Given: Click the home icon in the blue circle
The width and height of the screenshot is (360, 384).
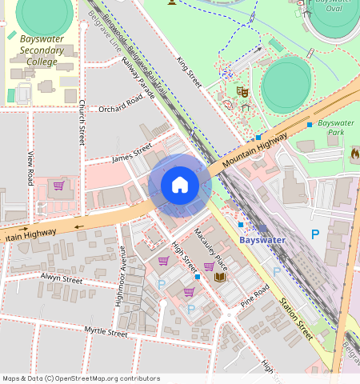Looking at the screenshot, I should pos(180,186).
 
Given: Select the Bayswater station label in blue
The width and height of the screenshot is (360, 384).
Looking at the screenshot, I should pos(262,239).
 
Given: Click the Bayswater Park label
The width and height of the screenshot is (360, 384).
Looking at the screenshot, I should pos(336,127).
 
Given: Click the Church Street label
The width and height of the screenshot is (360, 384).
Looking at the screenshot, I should pos(82,122).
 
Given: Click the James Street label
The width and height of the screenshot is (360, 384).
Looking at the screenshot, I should pos(132,152).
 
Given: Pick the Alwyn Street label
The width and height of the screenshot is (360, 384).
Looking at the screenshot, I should pos(62,280).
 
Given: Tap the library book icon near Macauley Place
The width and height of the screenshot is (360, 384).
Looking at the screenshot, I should pos(220,277).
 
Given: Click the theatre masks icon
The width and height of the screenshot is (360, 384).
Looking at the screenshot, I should pos(243,93).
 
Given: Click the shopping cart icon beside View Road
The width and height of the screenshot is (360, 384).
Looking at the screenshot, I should pos(58,186).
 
